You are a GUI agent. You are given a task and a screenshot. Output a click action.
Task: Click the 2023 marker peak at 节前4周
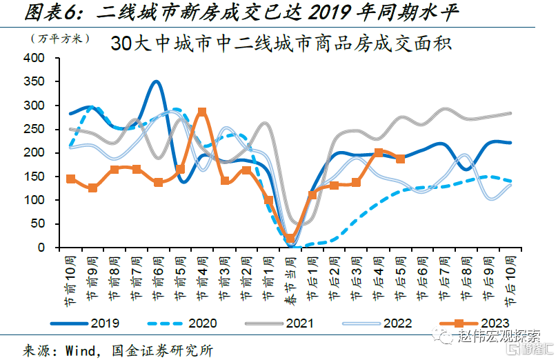[202, 112]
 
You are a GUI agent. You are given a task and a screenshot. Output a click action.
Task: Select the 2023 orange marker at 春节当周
[290, 238]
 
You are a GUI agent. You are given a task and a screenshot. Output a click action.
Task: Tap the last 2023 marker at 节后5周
[400, 159]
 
